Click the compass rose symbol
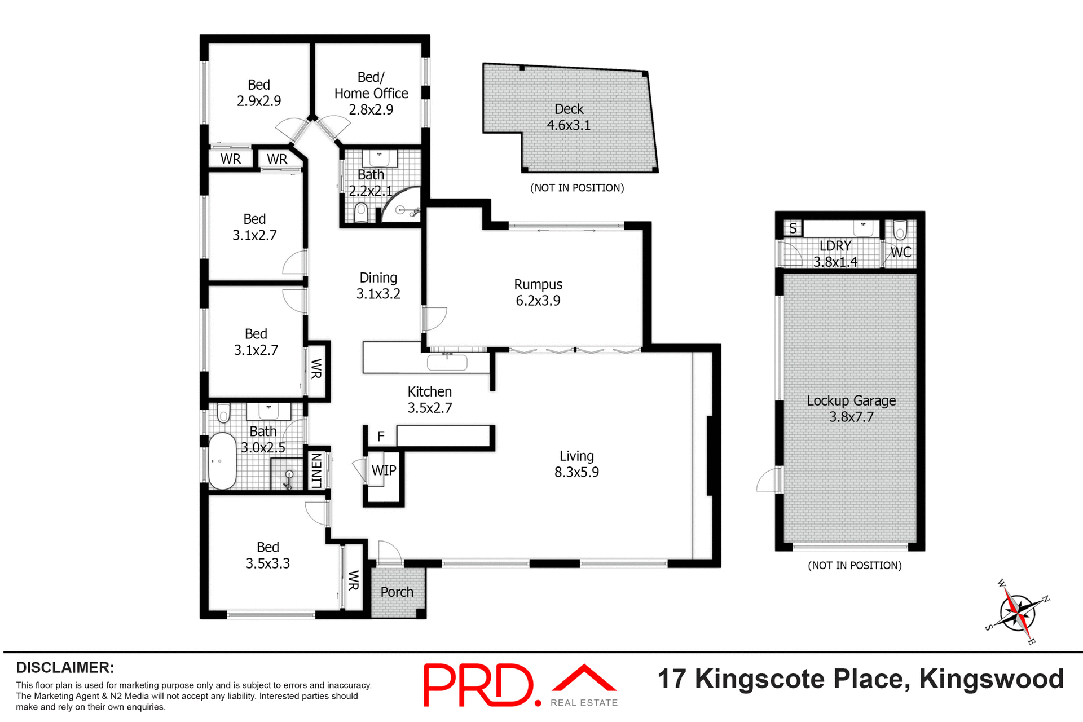1018,613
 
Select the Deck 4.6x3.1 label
569,117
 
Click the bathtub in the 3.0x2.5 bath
222,461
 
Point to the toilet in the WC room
900,230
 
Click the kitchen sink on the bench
447,362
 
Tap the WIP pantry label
384,470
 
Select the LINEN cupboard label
316,470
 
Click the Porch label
397,592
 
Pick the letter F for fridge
381,436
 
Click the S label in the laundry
793,228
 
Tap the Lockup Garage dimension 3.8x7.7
851,417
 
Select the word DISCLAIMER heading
65,668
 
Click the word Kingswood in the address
991,679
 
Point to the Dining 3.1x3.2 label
378,286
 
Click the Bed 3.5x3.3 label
267,556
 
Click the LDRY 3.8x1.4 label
835,254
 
